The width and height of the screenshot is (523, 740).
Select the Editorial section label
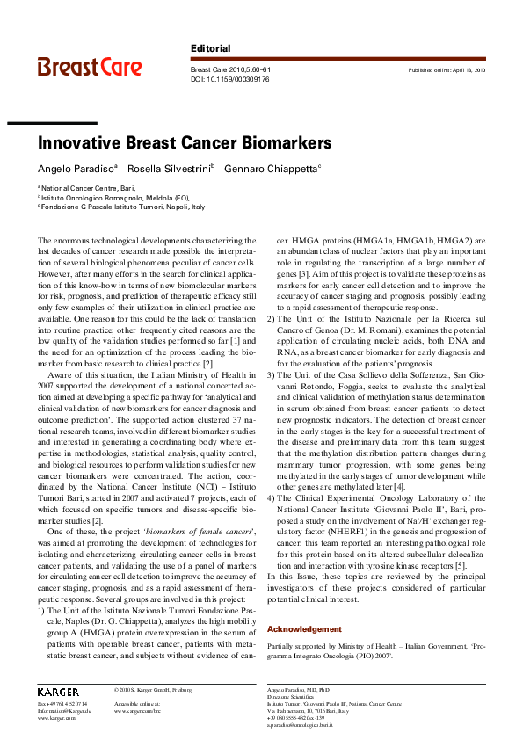(210, 48)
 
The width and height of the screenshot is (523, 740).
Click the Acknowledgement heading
(303, 629)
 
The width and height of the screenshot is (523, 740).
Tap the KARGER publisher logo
(58, 693)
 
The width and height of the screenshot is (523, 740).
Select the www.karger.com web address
(54, 718)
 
